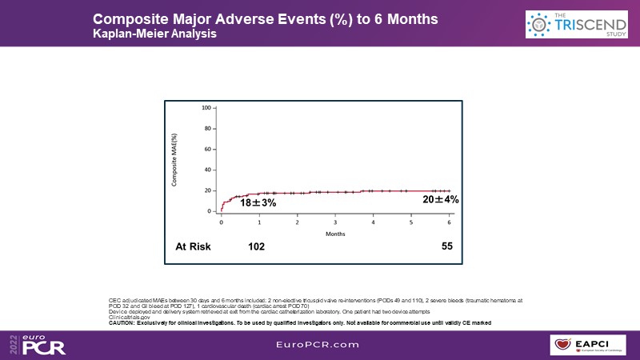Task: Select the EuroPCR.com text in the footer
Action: pos(320,345)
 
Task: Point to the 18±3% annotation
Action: pos(258,203)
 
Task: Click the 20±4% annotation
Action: pos(440,199)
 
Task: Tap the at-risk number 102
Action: pos(256,246)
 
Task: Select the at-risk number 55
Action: pos(447,246)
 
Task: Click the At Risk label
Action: pos(193,246)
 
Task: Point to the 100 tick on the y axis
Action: pos(206,107)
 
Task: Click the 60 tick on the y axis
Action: pos(208,149)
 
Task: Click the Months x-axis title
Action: pos(335,234)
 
